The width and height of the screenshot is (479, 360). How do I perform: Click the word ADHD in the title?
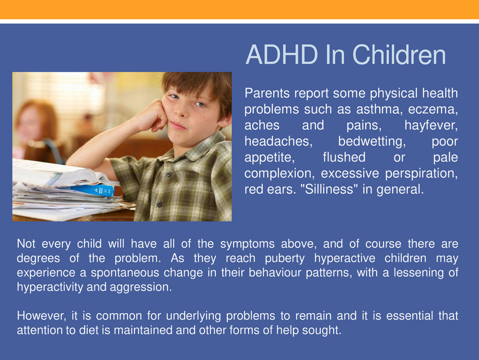tap(282, 55)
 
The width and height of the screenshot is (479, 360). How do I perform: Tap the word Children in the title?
tap(399, 55)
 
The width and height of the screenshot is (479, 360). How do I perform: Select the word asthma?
tap(379, 109)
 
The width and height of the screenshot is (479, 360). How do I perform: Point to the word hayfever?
tap(431, 125)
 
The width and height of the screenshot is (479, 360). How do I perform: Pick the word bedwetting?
tap(372, 141)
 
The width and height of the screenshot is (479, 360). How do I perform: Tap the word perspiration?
tap(421, 174)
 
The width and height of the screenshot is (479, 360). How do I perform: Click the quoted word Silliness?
tap(330, 189)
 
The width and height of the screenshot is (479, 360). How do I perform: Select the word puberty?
tap(285, 259)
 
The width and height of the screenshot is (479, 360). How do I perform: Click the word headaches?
tap(278, 141)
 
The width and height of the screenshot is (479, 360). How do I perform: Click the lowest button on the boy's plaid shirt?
tap(159, 204)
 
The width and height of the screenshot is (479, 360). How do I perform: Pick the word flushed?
tap(344, 157)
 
